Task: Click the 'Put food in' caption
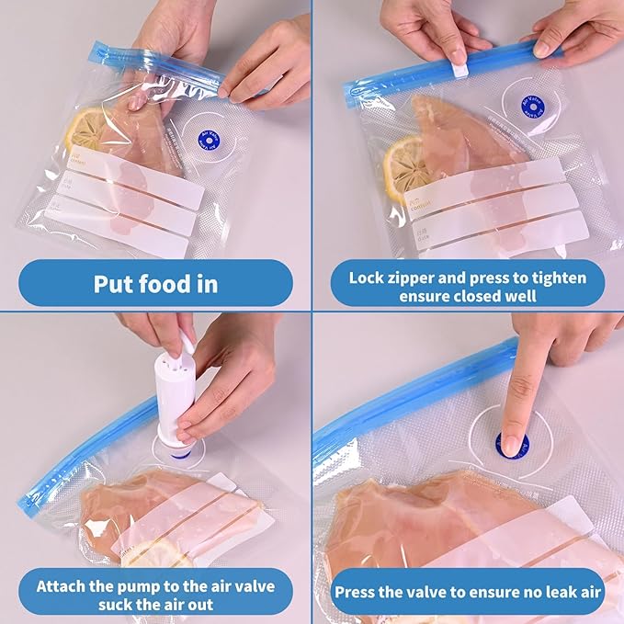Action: (155, 283)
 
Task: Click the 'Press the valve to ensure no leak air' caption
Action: (468, 592)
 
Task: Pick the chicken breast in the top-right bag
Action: (469, 138)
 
